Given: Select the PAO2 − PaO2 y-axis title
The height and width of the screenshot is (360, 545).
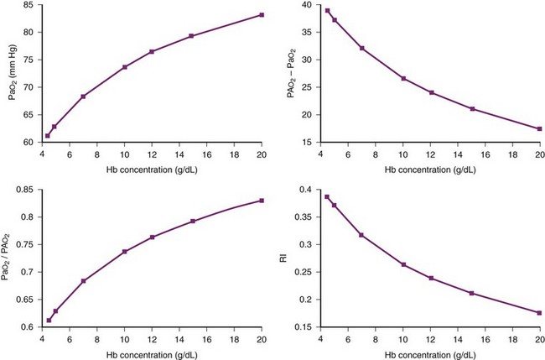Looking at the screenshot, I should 292,74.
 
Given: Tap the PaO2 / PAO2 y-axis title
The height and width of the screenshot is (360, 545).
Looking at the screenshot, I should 13,258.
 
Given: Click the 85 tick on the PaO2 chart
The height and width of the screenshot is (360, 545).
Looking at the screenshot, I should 27,5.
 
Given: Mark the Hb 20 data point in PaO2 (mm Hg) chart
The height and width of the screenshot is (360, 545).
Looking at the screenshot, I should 262,15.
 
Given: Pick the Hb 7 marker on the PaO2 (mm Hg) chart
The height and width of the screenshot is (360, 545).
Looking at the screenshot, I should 83,97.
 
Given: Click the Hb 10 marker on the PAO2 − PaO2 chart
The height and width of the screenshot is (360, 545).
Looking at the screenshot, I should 404,79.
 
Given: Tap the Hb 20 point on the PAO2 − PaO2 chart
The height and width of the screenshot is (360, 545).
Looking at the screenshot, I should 539,128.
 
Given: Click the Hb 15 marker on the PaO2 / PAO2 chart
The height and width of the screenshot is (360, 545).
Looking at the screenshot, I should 193,222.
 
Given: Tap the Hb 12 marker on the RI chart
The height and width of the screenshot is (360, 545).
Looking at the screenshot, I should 432,278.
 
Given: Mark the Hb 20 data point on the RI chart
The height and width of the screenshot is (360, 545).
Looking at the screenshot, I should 539,312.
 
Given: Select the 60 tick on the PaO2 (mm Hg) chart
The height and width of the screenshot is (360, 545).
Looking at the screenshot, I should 27,143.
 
